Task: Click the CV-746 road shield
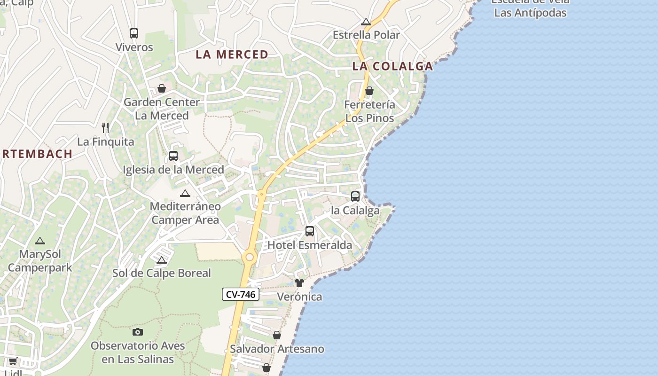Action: point(241,295)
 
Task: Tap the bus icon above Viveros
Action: point(134,33)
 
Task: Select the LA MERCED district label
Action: point(232,55)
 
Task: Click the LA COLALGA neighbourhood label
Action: point(392,66)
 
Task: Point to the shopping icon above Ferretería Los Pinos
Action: point(369,91)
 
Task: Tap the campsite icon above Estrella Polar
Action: point(366,22)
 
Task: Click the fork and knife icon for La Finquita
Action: point(105,127)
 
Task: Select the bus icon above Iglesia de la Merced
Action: point(173,156)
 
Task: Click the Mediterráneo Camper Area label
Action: point(185,213)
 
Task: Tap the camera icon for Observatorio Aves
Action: point(138,332)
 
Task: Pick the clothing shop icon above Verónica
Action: point(299,283)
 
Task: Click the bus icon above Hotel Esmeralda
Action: point(309,231)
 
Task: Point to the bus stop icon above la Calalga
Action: point(355,196)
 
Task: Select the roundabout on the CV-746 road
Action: point(250,257)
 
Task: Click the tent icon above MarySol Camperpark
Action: point(40,241)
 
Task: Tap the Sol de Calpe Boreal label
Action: point(162,273)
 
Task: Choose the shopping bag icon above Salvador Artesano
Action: point(277,335)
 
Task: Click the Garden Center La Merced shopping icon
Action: point(161,88)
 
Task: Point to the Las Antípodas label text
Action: point(531,13)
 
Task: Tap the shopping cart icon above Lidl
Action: point(13,361)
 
